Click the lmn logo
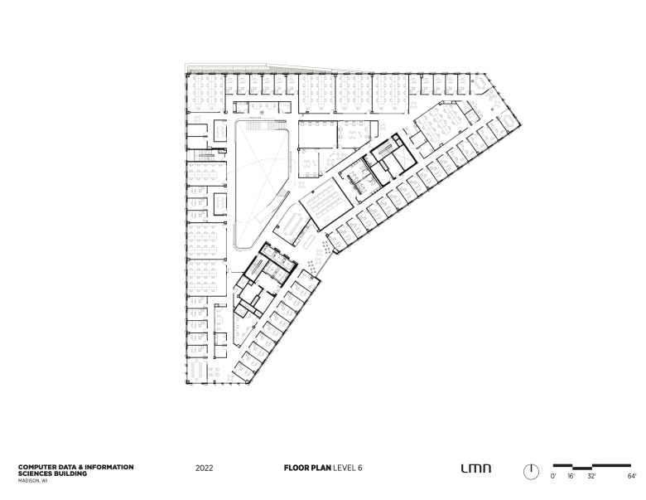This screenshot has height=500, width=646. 476,468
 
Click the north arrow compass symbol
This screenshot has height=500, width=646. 531,471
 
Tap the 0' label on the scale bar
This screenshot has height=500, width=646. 553,476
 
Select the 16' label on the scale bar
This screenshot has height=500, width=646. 571,476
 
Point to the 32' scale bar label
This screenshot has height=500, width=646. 591,476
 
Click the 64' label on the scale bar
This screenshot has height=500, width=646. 632,476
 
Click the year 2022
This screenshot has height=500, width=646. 205,468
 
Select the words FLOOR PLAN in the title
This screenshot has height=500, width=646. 307,468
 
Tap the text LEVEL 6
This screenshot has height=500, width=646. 348,468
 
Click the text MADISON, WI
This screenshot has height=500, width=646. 33,481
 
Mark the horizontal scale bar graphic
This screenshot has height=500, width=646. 592,466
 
